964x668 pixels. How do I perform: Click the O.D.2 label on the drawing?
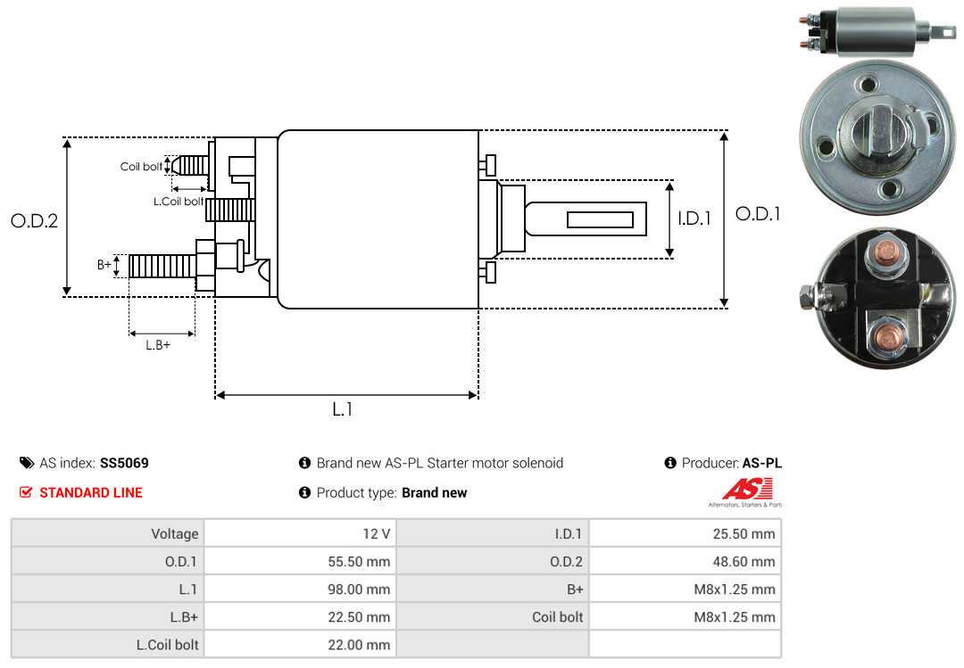[35, 221]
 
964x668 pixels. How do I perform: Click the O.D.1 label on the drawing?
[758, 214]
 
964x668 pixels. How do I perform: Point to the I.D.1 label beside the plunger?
[694, 219]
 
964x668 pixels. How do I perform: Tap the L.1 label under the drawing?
[343, 409]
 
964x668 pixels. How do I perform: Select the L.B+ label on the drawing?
[158, 345]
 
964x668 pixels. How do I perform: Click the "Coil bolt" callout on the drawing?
[141, 167]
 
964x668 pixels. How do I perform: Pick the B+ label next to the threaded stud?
[104, 265]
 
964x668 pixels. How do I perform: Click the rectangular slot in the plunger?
[600, 219]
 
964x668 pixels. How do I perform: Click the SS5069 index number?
[124, 463]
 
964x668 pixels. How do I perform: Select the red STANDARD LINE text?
[91, 493]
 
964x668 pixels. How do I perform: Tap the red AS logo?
[747, 489]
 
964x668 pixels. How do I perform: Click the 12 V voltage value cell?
[300, 533]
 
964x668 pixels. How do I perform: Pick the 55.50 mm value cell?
[300, 561]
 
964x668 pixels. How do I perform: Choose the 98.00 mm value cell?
[300, 589]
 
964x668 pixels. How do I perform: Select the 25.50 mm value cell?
[685, 533]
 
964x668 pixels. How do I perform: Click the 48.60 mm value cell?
[685, 561]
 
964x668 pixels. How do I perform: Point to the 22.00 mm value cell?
[300, 644]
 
